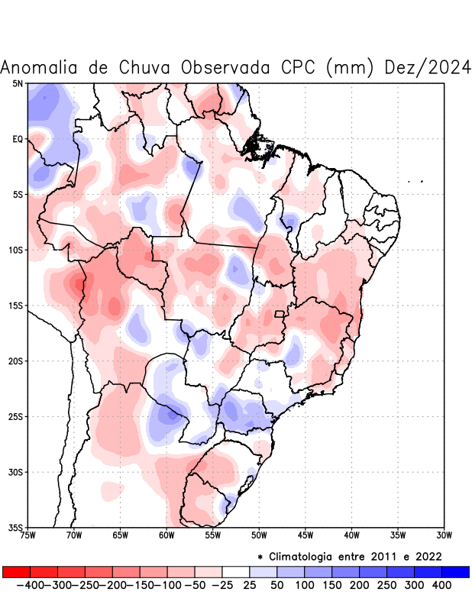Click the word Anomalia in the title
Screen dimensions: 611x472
click(40, 67)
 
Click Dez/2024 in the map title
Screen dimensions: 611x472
click(428, 67)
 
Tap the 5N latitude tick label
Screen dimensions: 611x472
click(18, 83)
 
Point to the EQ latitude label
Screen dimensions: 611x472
click(18, 139)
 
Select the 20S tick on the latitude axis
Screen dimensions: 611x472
click(15, 360)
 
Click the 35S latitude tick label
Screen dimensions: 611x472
click(15, 527)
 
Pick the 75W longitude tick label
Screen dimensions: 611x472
click(28, 535)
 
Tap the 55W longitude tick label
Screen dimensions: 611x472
click(213, 535)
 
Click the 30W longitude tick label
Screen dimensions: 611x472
click(445, 535)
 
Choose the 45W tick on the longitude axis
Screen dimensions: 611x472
click(306, 535)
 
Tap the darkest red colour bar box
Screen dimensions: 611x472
click(17, 572)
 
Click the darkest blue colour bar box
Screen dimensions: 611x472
click(455, 572)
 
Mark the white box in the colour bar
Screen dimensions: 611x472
click(236, 572)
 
